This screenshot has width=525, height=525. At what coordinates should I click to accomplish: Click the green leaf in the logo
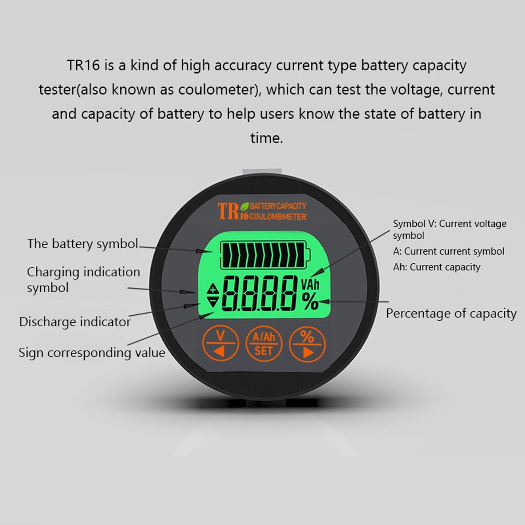click(x=245, y=206)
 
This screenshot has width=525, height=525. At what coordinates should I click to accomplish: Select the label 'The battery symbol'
click(x=82, y=243)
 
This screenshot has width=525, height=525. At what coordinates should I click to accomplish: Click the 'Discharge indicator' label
click(x=75, y=322)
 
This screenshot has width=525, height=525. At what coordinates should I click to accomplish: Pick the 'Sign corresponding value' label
click(x=92, y=352)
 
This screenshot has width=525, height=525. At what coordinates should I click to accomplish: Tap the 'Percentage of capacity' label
click(x=451, y=313)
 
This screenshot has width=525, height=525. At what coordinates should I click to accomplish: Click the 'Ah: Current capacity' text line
click(x=437, y=267)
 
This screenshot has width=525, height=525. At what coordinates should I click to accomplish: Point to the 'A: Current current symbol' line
click(x=449, y=251)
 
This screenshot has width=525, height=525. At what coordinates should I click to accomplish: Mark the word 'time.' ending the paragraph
click(x=266, y=138)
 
